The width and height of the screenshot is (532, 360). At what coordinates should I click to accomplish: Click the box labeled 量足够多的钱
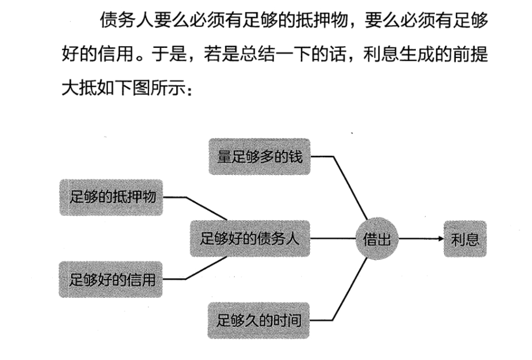point(259,157)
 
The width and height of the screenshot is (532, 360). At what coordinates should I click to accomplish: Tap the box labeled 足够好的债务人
point(250,239)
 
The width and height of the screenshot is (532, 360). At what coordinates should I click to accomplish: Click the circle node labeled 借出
point(377,239)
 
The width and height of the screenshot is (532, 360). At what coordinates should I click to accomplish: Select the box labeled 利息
point(465,239)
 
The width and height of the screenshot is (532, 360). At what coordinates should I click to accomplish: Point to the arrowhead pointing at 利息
point(440,239)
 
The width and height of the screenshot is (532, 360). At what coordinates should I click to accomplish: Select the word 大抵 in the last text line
point(77,88)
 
